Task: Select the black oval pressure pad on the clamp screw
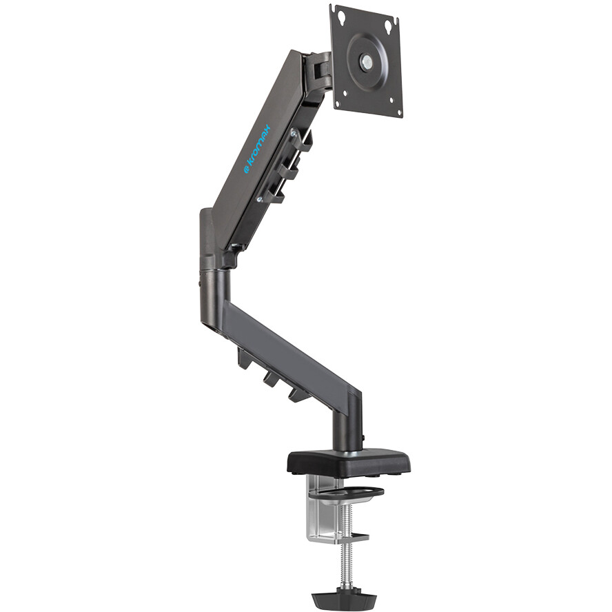click(x=346, y=493)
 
